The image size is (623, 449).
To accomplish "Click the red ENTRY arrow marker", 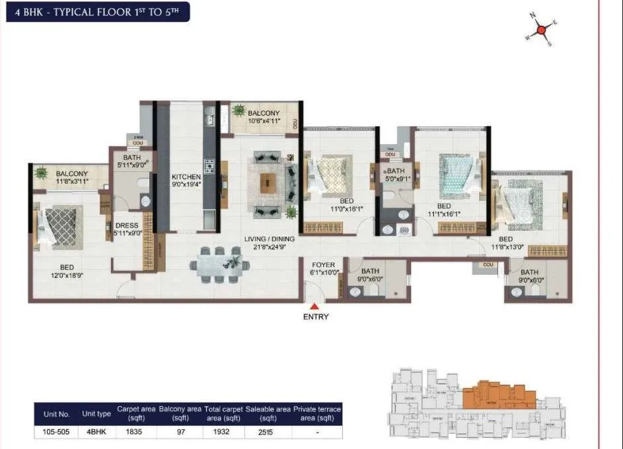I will (x=315, y=306).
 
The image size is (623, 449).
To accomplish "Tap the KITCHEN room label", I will (x=186, y=177).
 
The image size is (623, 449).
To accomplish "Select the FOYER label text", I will (x=324, y=265).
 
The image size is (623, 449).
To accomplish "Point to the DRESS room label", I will (x=126, y=225).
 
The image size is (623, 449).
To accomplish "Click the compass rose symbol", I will (x=541, y=30).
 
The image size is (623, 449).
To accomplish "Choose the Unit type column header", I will (x=96, y=413).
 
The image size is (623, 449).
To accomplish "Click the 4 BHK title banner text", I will (x=96, y=12).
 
